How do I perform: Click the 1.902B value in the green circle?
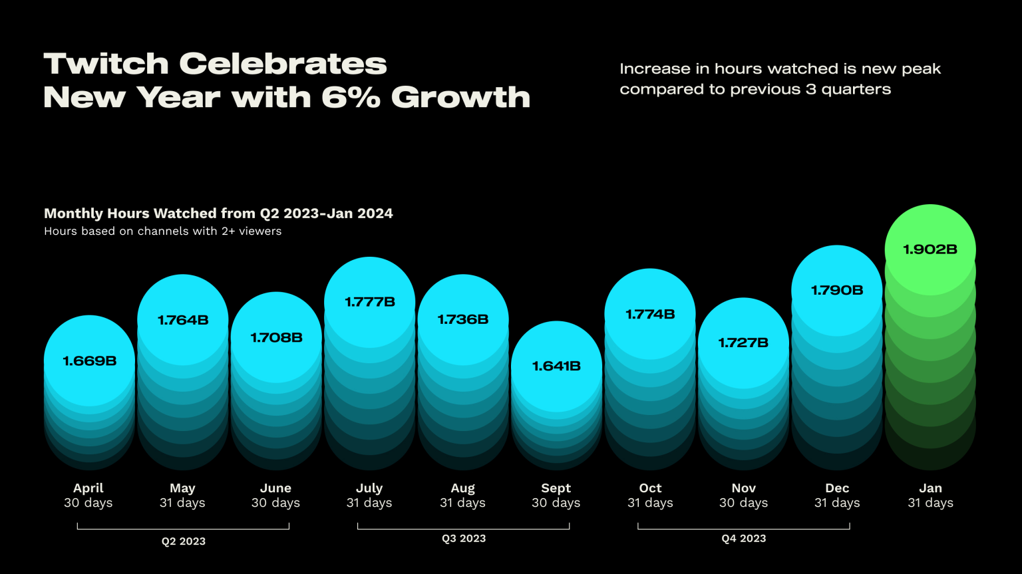coord(930,249)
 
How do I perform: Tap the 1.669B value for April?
coord(90,361)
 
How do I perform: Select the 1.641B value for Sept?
coord(556,366)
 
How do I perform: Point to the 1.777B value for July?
coord(370,302)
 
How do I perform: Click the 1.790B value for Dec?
coord(837,290)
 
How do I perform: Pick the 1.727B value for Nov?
coord(743,343)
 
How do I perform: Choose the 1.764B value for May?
coord(183,320)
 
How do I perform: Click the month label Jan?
coord(930,488)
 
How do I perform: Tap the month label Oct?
coord(650,488)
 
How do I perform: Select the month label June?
coord(275,488)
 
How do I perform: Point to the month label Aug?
coord(462,488)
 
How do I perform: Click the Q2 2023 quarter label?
coord(184,541)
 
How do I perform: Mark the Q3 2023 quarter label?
coord(464,539)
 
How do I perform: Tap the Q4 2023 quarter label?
coord(744,539)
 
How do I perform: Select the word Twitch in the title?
coord(106,64)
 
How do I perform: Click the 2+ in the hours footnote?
coord(213,231)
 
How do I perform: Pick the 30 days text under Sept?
coord(556,503)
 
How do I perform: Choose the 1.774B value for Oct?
coord(650,314)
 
